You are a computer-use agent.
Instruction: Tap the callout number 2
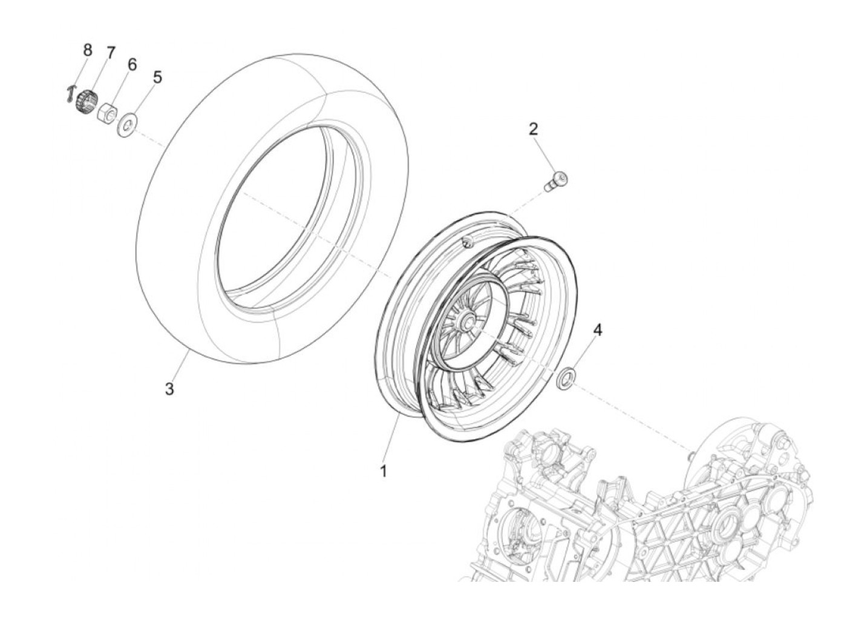tap(533, 129)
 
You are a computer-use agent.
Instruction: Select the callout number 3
tap(169, 389)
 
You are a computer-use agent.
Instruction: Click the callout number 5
tap(157, 78)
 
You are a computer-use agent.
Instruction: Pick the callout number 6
tap(132, 65)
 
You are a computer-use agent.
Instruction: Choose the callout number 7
tap(110, 53)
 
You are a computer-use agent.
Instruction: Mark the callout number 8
tap(88, 50)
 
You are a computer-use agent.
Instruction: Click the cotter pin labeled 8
tap(69, 94)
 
